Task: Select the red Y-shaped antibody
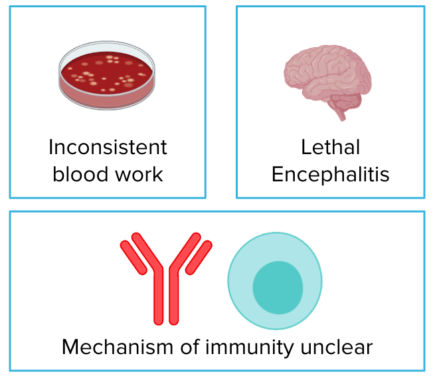click(x=166, y=279)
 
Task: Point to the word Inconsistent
click(x=108, y=146)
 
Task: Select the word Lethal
click(x=330, y=146)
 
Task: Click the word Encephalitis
click(x=330, y=174)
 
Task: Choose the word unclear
click(x=338, y=347)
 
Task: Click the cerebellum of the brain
click(x=347, y=102)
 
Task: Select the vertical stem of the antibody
click(x=166, y=299)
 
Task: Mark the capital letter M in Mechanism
click(x=71, y=347)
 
